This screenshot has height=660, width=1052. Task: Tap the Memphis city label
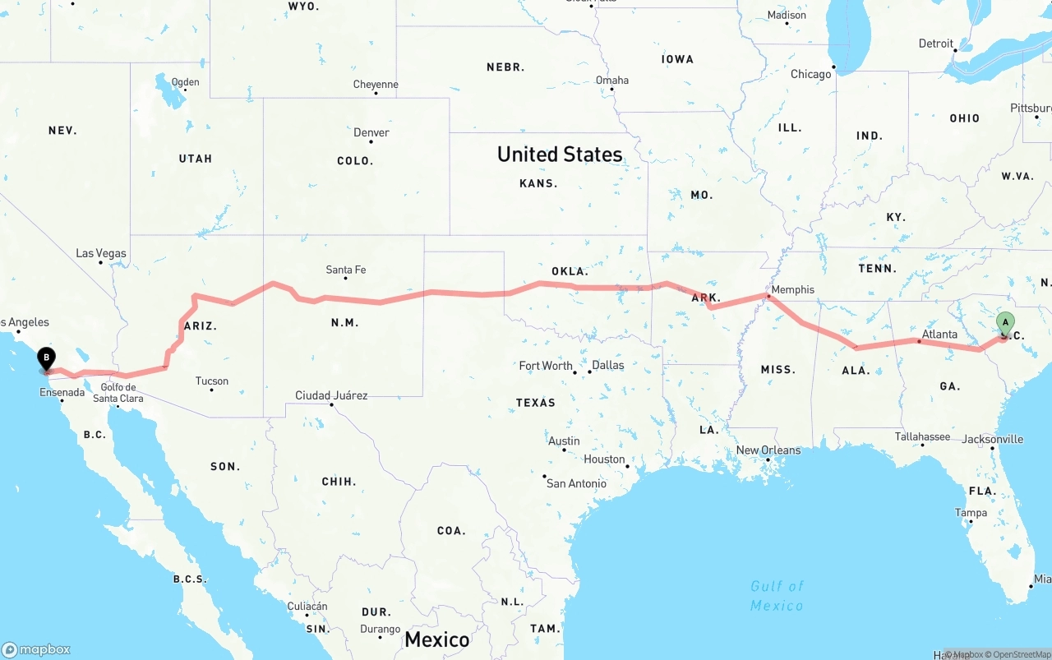tap(793, 289)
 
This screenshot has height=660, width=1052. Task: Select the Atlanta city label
tap(939, 335)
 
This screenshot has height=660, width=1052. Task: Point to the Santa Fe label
tap(346, 270)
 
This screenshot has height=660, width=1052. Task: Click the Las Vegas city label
tap(101, 253)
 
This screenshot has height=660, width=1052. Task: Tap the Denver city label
tap(371, 132)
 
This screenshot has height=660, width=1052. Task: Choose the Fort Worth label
tap(546, 366)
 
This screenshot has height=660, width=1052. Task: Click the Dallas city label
tap(608, 365)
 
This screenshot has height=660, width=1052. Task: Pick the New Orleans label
tap(768, 450)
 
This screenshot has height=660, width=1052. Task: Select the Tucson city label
tap(212, 381)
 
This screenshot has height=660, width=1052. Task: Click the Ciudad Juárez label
tap(332, 395)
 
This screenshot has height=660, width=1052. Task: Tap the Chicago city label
tap(811, 74)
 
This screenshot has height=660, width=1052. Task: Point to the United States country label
tap(560, 155)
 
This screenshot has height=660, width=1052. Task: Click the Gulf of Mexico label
tap(777, 596)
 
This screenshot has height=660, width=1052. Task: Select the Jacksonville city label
tap(993, 439)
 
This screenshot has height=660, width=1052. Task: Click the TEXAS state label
tap(536, 403)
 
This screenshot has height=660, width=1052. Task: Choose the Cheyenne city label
tap(376, 85)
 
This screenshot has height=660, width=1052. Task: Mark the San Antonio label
tap(577, 483)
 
